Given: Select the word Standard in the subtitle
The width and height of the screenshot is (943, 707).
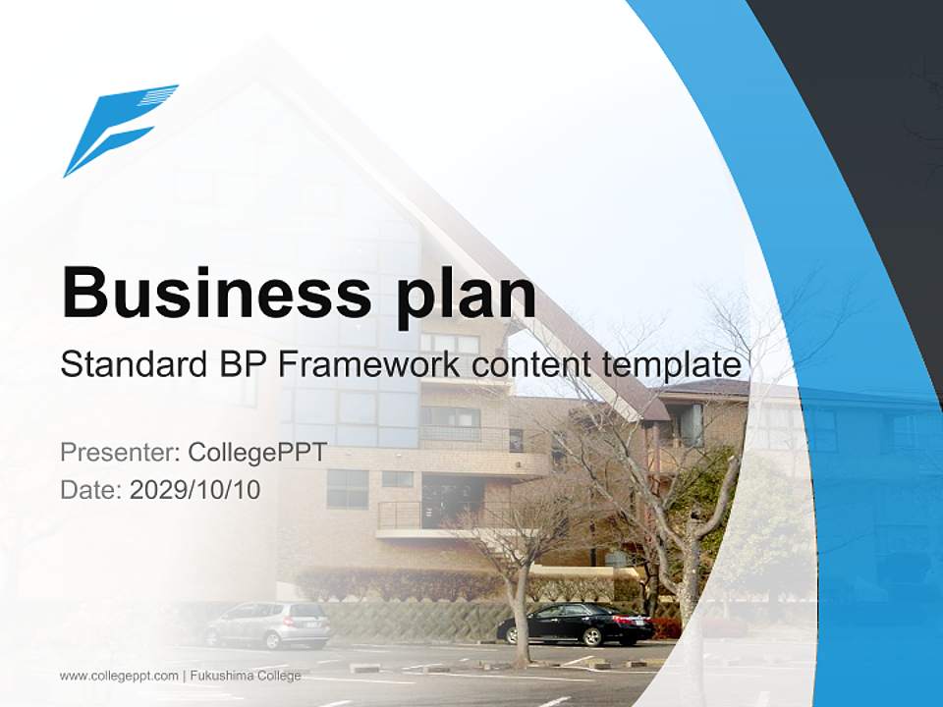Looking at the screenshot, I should [x=129, y=365].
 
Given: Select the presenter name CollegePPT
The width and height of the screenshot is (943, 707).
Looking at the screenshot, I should [x=257, y=453].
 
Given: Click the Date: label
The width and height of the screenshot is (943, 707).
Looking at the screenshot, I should [x=91, y=489].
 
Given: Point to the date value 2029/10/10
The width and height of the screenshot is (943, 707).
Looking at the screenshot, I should [x=195, y=489].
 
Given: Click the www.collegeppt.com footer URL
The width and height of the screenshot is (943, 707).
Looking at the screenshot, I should [x=119, y=676].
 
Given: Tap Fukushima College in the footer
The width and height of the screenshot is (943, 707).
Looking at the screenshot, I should [x=246, y=676].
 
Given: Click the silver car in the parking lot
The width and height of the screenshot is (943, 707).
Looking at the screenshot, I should [x=268, y=624].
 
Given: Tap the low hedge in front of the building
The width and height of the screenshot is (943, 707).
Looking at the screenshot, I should [x=393, y=585].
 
